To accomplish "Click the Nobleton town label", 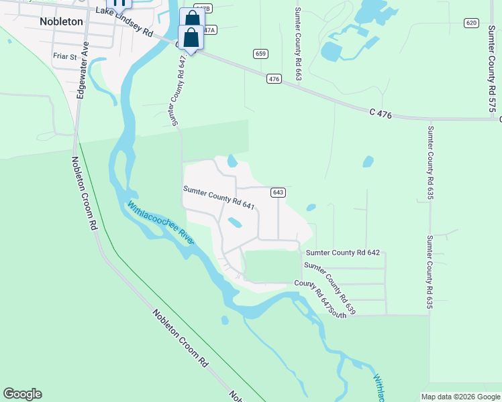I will coord(61,21).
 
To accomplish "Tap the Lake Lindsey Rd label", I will coord(125,20).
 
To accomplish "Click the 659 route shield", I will coord(260,54).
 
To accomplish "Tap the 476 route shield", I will coord(273,79).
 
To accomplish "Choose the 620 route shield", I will coord(470,23).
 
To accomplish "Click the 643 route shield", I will coord(279,192).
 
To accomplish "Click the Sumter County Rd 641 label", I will coord(219,198).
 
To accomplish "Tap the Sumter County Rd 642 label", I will coord(342,253).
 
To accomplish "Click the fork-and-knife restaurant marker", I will coord(119,3).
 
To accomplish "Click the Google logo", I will coord(22,394).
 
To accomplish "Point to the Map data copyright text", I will coord(460,397).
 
